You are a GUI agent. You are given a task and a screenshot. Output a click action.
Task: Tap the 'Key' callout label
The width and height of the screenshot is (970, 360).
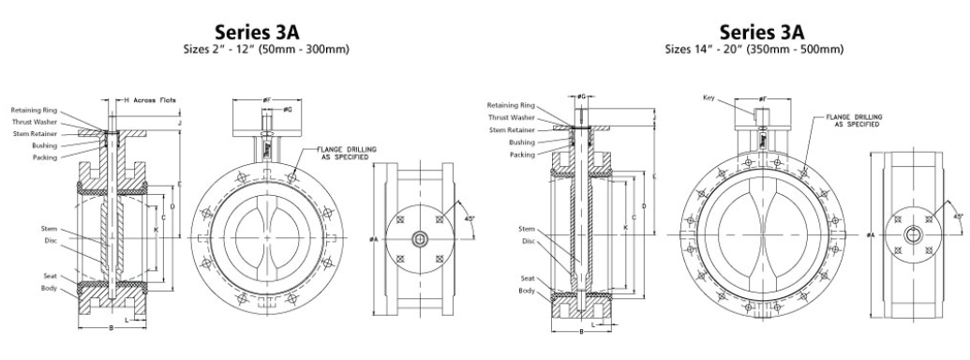(709, 97)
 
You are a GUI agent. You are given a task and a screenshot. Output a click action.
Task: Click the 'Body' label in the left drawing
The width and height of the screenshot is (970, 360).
(50, 287)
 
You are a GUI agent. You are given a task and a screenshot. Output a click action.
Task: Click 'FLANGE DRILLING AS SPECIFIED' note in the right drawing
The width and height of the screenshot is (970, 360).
(850, 120)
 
